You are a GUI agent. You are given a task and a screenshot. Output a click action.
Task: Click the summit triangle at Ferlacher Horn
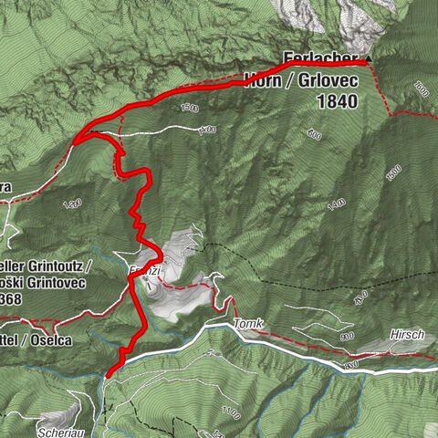coord(369,61)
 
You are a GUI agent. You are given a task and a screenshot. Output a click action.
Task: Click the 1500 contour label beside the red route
coord(188,109)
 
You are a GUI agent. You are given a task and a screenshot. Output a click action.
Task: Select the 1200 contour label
coord(75,203)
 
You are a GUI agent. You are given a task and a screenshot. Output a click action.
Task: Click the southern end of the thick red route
coord(109,373)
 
